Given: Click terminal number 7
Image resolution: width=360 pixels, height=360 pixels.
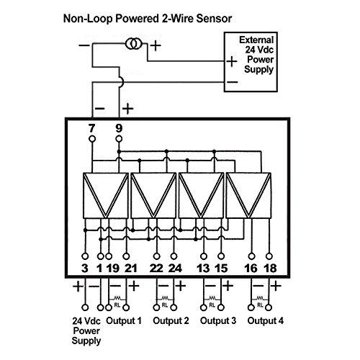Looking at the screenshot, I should pyautogui.click(x=91, y=128).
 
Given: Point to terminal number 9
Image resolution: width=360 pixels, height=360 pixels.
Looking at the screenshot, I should pyautogui.click(x=118, y=128).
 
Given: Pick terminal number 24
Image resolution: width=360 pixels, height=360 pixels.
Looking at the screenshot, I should pyautogui.click(x=175, y=269).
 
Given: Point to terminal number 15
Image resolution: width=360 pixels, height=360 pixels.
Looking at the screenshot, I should pyautogui.click(x=222, y=269).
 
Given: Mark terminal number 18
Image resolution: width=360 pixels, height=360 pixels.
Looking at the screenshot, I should pyautogui.click(x=269, y=269).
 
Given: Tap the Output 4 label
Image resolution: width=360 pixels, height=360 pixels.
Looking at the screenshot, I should pyautogui.click(x=266, y=320).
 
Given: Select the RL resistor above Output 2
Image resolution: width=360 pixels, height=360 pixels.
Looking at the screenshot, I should pyautogui.click(x=166, y=297).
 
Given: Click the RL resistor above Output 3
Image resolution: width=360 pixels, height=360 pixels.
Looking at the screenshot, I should pyautogui.click(x=213, y=297).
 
